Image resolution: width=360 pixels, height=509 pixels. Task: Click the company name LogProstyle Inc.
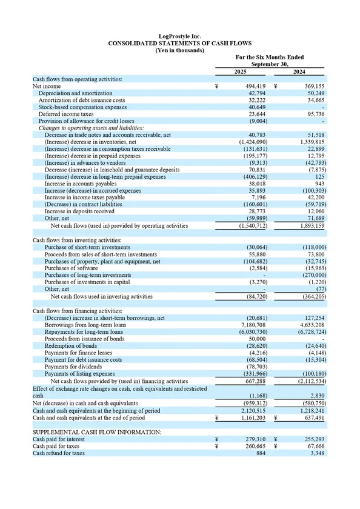pos(179,36)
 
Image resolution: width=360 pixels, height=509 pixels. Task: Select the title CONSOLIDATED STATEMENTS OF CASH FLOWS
pos(179,44)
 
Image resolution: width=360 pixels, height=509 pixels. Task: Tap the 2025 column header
pos(240,72)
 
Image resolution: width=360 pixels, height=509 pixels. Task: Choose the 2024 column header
pos(299,72)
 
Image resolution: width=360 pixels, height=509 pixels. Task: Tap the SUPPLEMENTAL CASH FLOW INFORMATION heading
pos(97,432)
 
